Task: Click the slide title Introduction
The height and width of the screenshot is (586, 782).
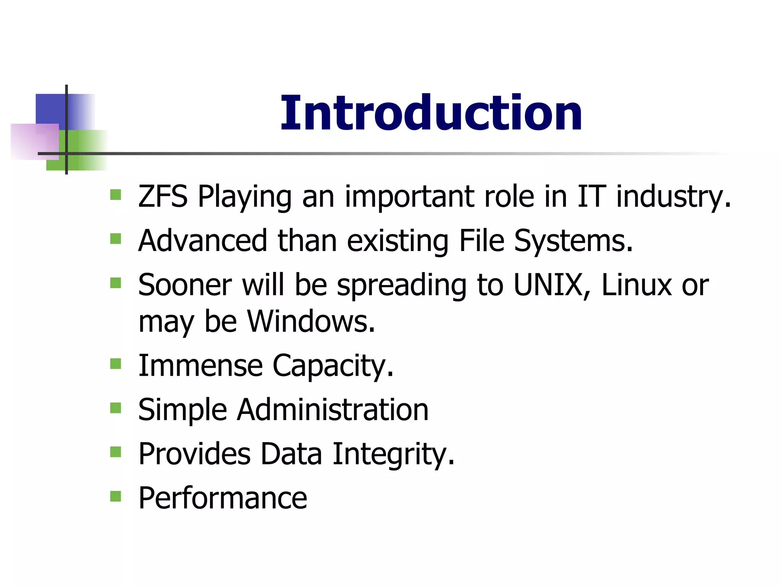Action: click(x=431, y=113)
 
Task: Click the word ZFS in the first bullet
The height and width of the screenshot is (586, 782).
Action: click(x=163, y=196)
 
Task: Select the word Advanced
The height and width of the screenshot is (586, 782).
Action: click(x=202, y=241)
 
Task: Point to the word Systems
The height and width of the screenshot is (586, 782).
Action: click(x=573, y=241)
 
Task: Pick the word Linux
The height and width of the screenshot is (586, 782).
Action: click(x=636, y=285)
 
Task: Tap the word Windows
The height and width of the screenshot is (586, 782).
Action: click(x=311, y=321)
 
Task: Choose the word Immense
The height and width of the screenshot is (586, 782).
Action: click(x=200, y=365)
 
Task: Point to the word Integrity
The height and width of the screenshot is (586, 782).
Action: click(x=393, y=454)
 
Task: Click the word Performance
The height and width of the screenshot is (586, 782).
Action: click(x=223, y=498)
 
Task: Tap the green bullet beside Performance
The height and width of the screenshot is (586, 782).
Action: click(x=115, y=496)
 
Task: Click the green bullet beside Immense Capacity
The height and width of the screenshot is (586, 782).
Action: click(x=115, y=364)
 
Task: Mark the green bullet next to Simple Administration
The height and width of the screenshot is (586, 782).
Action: click(x=115, y=408)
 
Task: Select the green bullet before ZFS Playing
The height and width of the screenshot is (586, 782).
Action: click(x=115, y=195)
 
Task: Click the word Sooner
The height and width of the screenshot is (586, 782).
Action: click(x=185, y=285)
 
